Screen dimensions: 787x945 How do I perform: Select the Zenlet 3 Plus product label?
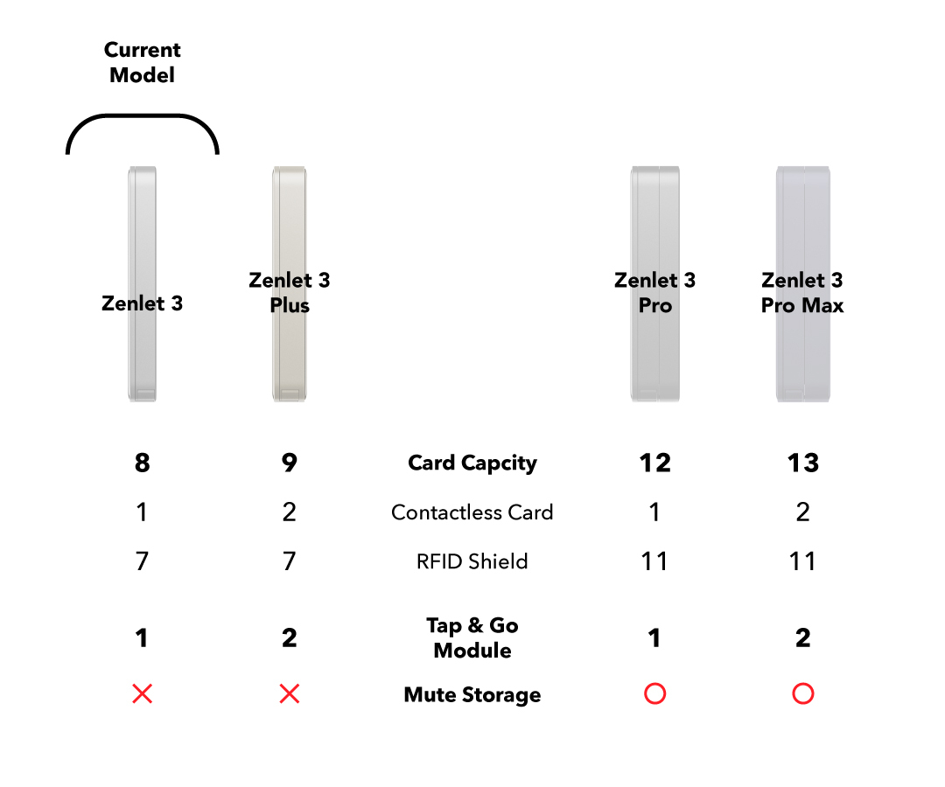tap(290, 292)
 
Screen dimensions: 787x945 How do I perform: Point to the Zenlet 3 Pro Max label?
tap(802, 292)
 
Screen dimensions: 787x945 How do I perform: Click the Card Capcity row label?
tap(472, 463)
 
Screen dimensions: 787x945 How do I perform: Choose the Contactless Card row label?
tap(472, 512)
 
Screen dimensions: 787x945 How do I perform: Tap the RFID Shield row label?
tap(472, 561)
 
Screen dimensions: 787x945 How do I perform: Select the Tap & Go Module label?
tap(472, 637)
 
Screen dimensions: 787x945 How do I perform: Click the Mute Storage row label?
tap(472, 695)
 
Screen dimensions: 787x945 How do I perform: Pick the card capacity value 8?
tap(142, 463)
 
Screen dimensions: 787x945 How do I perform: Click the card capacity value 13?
tap(802, 463)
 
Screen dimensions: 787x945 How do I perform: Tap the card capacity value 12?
tap(654, 463)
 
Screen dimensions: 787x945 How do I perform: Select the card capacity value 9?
tap(290, 463)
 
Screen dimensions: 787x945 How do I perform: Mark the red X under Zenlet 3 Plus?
tap(290, 694)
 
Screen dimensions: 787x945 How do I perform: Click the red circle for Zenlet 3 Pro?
tap(654, 694)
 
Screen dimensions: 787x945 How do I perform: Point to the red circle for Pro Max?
tap(802, 694)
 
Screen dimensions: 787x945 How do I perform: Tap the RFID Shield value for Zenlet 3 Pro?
tap(654, 561)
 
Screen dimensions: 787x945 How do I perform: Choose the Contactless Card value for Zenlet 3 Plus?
tap(290, 512)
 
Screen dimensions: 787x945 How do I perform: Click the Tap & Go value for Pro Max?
tap(802, 637)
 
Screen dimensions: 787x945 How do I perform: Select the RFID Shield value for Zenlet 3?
tap(142, 561)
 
